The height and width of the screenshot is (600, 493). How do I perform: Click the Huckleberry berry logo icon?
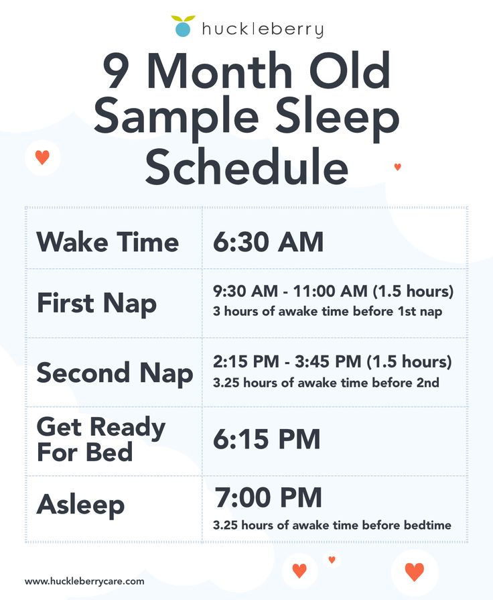183,26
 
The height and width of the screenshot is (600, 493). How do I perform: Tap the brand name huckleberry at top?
263,29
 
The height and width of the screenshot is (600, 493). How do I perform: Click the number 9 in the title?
116,72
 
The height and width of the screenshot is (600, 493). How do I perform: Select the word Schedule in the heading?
246,166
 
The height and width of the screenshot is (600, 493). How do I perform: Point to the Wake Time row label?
107,242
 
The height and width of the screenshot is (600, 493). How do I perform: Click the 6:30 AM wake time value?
268,242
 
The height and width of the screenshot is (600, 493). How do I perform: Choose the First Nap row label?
96,304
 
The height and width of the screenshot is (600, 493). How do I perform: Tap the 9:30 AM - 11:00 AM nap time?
333,291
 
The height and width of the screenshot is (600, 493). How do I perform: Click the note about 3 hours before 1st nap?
328,311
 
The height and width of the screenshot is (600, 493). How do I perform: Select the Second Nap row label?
115,373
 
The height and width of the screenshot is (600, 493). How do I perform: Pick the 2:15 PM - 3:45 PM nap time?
332,361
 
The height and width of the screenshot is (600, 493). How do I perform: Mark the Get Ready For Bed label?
101,439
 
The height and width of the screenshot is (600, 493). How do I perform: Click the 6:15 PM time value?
267,439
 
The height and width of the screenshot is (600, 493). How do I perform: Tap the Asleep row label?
80,505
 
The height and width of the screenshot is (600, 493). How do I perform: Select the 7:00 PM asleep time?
268,497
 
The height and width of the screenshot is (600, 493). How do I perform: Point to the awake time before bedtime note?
332,525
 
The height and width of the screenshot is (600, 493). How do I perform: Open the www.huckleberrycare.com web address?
84,582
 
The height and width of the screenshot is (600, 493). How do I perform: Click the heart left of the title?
42,158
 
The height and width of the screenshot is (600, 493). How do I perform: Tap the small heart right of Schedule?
398,167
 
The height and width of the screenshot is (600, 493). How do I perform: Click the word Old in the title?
350,71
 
